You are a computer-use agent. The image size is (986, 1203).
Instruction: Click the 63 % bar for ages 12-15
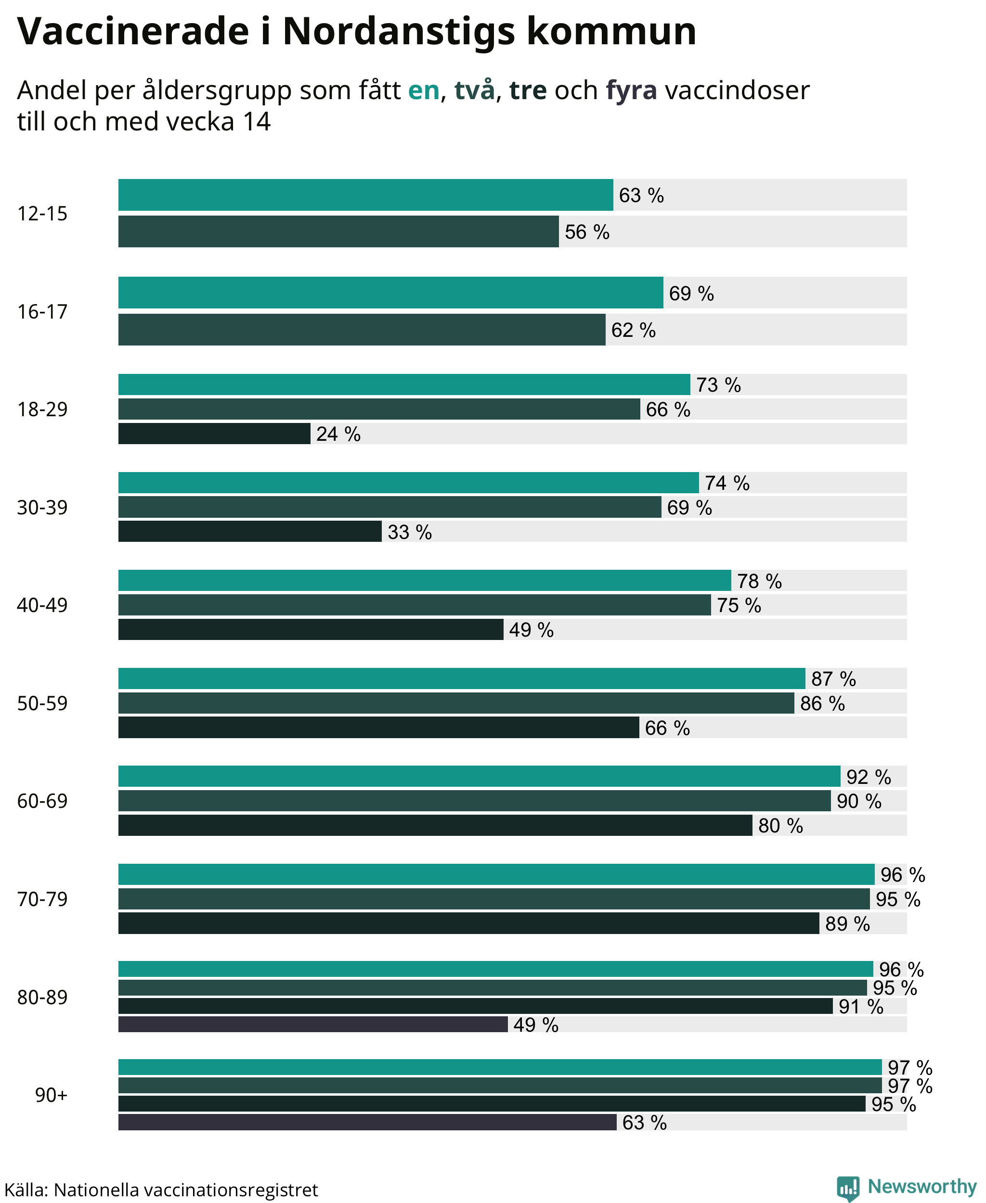point(366,195)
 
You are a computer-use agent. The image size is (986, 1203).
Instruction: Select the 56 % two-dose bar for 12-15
point(338,231)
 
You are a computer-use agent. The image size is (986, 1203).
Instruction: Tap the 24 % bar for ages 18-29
point(214,434)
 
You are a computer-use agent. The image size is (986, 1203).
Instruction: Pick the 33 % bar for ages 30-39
point(250,531)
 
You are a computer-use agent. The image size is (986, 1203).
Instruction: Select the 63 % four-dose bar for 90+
point(367,1122)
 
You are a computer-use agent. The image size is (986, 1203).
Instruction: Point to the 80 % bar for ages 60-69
point(435,825)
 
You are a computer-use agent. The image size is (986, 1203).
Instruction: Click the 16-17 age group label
point(42,312)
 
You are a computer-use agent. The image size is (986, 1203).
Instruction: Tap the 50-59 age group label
point(42,704)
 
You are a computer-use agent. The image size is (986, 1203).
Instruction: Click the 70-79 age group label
point(42,899)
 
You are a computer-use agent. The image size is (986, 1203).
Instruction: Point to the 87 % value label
point(833,679)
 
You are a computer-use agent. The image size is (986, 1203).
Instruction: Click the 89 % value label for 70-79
point(847,924)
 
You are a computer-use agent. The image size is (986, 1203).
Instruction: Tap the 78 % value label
point(759,581)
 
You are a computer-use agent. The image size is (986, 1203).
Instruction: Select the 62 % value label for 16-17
point(633,330)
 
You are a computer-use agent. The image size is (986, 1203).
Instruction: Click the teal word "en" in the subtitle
point(424,90)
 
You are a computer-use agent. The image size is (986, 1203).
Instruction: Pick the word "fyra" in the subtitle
point(632,91)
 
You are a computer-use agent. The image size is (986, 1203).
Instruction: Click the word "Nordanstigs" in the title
point(398,31)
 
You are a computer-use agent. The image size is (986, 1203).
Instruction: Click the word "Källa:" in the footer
point(26,1190)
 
